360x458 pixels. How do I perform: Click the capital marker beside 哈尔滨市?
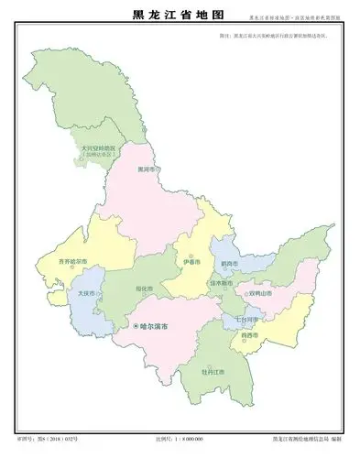[x=136, y=326]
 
